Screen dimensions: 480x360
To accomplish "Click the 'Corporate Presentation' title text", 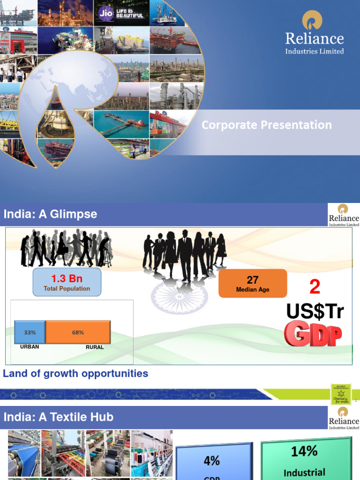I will tap(267, 125).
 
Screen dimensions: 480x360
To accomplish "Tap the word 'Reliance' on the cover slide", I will tap(315, 38).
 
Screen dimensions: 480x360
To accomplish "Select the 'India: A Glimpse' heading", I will tap(51, 214).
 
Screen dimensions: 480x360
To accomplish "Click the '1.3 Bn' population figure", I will tap(67, 279).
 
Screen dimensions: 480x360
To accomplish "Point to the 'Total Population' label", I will tap(67, 289).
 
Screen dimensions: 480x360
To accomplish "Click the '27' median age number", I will tap(253, 280).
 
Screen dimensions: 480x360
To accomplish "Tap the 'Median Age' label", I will tap(253, 290).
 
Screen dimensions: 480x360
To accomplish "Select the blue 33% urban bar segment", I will tap(30, 332).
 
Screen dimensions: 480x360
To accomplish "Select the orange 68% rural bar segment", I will tap(78, 332).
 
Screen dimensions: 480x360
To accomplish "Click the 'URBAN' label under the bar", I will tap(30, 347).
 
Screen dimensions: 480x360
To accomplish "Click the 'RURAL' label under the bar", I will tap(95, 347).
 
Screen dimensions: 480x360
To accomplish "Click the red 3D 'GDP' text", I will tap(313, 334).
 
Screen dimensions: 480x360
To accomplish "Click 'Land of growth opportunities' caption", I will tap(75, 374).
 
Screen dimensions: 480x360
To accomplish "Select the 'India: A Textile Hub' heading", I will tap(59, 417).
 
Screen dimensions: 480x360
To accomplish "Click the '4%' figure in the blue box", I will tap(212, 461).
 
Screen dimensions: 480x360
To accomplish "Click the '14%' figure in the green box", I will tap(304, 451).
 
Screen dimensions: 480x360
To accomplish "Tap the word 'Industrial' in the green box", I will tap(304, 472).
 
